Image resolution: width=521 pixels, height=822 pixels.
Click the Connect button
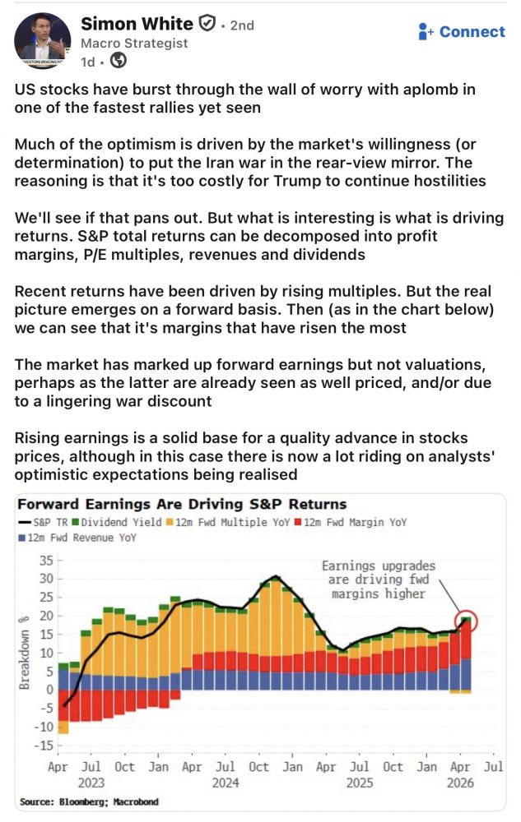[x=462, y=32]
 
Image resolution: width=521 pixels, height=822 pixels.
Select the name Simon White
[x=137, y=25]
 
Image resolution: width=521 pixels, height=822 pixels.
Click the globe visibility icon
[x=118, y=61]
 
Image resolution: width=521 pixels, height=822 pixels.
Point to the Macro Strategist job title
[x=134, y=44]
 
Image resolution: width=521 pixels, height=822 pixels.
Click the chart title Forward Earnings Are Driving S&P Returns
[x=182, y=504]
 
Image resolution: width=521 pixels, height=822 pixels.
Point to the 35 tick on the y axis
[x=44, y=560]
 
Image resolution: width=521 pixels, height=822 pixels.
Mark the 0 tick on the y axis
[x=49, y=689]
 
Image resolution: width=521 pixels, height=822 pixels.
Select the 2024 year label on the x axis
[x=226, y=784]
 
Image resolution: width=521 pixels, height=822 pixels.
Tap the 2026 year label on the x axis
[x=459, y=784]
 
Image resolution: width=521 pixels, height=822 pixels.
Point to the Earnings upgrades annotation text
[x=378, y=580]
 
